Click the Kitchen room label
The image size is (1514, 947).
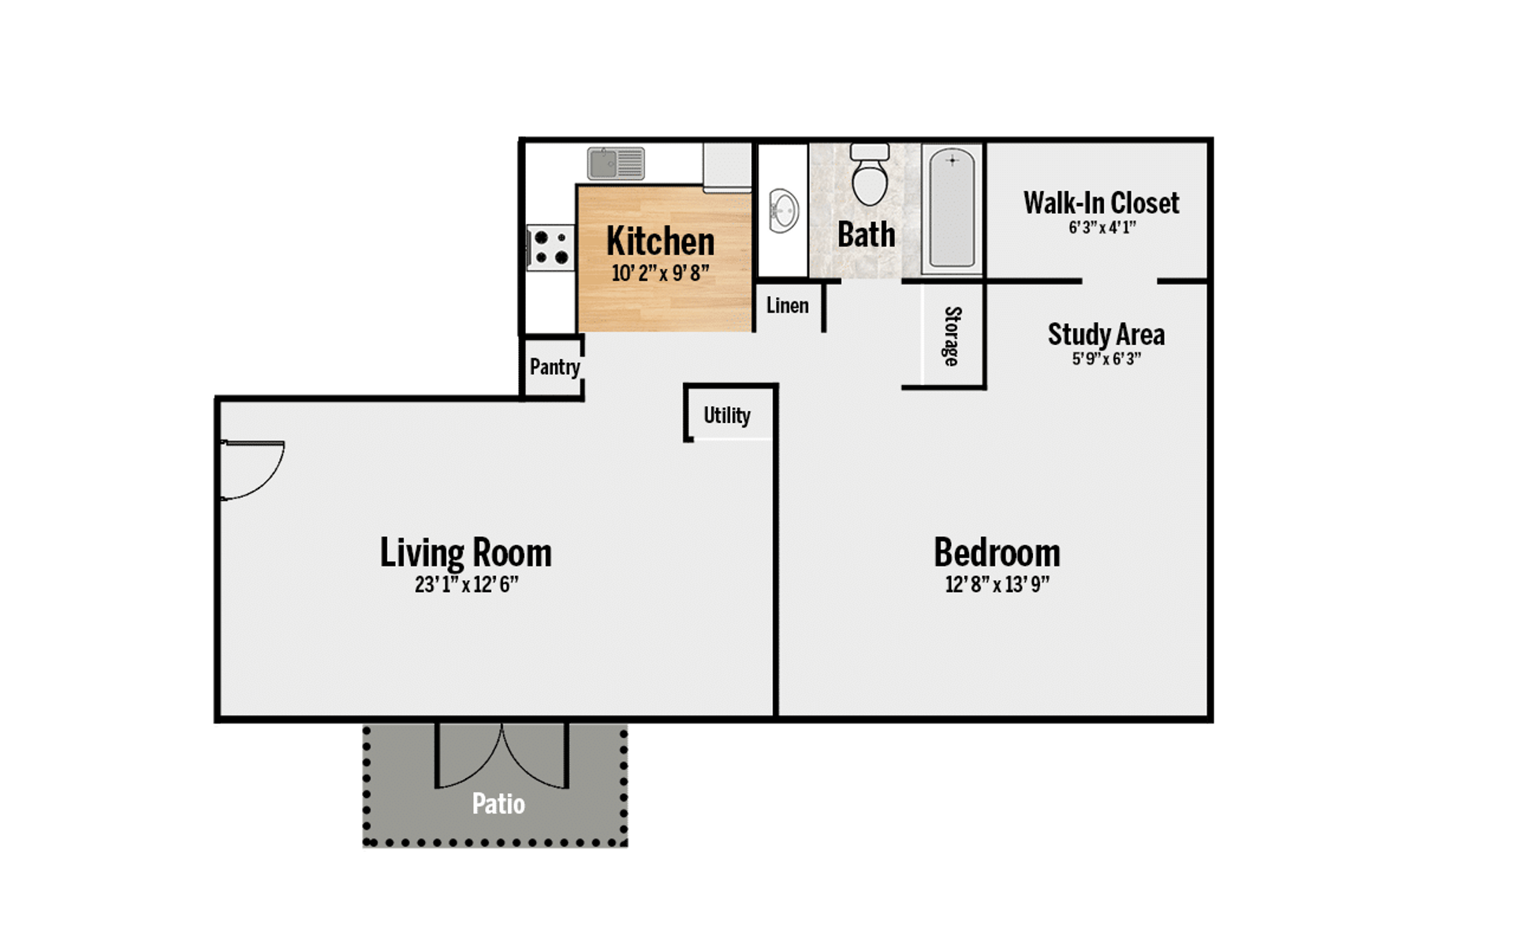pyautogui.click(x=660, y=241)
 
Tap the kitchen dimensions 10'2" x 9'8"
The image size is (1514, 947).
pyautogui.click(x=660, y=273)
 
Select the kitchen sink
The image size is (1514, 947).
pyautogui.click(x=616, y=163)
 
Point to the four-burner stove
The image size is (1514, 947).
pyautogui.click(x=550, y=248)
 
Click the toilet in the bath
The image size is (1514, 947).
pyautogui.click(x=870, y=174)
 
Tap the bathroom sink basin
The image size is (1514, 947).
pyautogui.click(x=784, y=211)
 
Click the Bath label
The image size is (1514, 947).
pyautogui.click(x=866, y=235)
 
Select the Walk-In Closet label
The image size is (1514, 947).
pyautogui.click(x=1101, y=204)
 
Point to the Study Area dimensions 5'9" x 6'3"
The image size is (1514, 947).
pyautogui.click(x=1106, y=359)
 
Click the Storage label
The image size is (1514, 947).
pyautogui.click(x=953, y=336)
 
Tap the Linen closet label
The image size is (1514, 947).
pyautogui.click(x=787, y=305)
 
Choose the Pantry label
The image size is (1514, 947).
pyautogui.click(x=554, y=367)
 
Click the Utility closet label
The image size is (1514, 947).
pyautogui.click(x=726, y=416)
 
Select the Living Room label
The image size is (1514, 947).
pyautogui.click(x=465, y=553)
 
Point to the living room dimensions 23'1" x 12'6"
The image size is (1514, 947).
pyautogui.click(x=466, y=585)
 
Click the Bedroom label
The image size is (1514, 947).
pyautogui.click(x=997, y=552)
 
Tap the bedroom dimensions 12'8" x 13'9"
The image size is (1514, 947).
pyautogui.click(x=997, y=585)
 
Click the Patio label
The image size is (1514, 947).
pyautogui.click(x=498, y=804)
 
